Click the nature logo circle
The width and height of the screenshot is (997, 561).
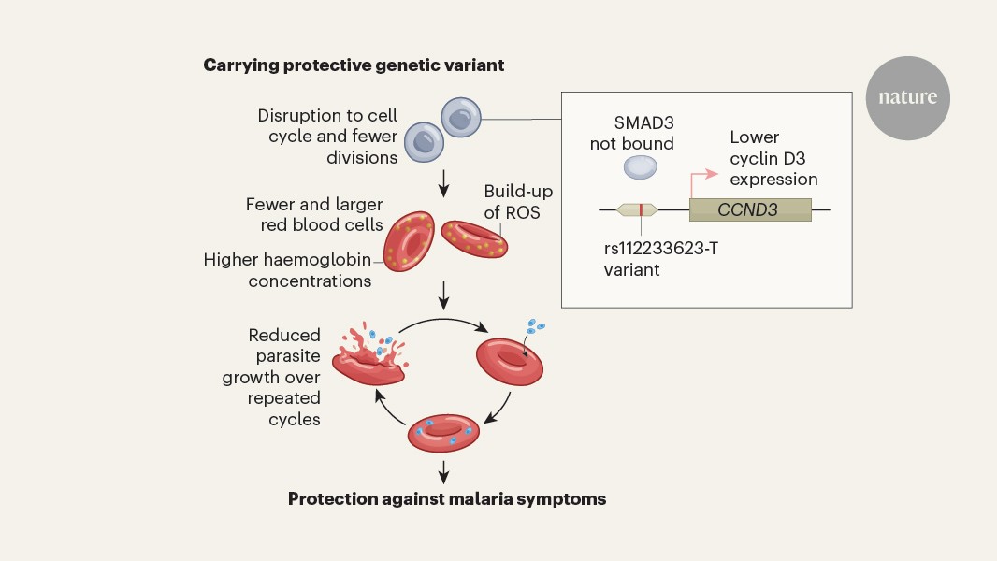pyautogui.click(x=906, y=97)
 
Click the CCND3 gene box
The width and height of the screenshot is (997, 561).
pyautogui.click(x=749, y=209)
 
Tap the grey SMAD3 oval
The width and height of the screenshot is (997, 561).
pyautogui.click(x=641, y=167)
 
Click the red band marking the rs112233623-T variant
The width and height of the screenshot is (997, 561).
pyautogui.click(x=641, y=209)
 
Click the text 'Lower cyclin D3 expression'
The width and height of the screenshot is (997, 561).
pyautogui.click(x=773, y=158)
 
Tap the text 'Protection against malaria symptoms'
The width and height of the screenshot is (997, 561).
pyautogui.click(x=447, y=499)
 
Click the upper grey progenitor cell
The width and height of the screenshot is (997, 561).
pyautogui.click(x=460, y=117)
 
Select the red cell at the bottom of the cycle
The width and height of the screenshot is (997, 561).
pyautogui.click(x=445, y=433)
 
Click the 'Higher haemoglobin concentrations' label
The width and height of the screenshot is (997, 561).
pyautogui.click(x=288, y=270)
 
